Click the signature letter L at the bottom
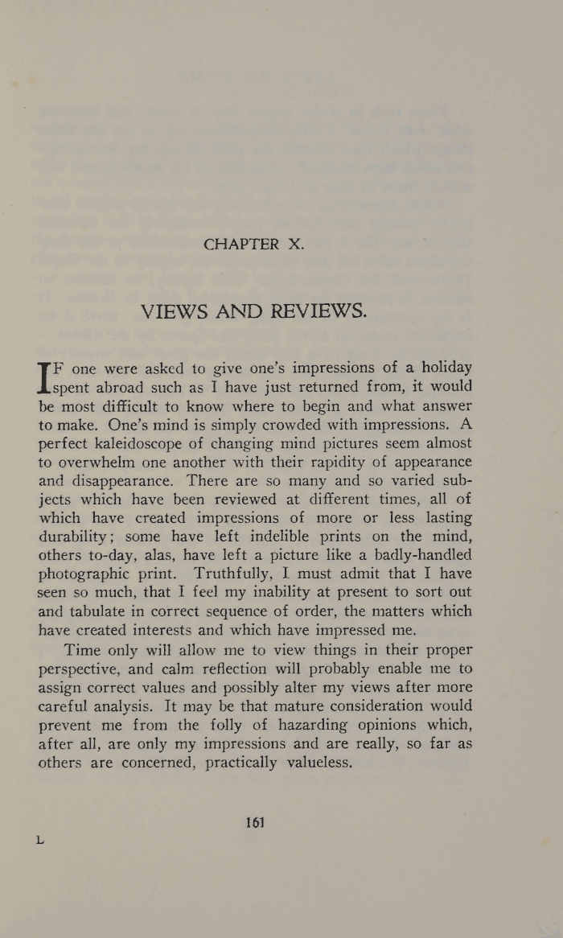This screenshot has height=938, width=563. point(40,840)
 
